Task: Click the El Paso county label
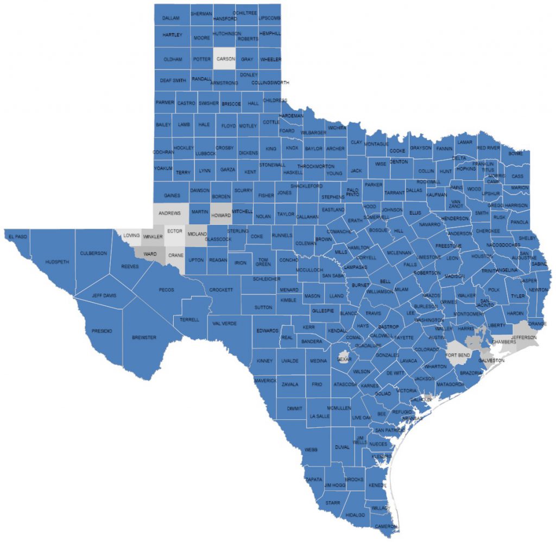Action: (17, 237)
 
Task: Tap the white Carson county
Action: (225, 59)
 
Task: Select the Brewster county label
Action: (144, 338)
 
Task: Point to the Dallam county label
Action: (172, 18)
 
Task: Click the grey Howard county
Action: (221, 215)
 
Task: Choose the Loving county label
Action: (131, 236)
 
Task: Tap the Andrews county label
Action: (169, 213)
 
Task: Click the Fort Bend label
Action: (457, 355)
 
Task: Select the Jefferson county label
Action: (523, 337)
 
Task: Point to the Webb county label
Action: (311, 450)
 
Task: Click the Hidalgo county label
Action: (355, 514)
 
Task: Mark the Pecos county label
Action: (166, 290)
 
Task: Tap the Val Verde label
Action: (225, 324)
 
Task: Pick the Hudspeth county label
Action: (58, 262)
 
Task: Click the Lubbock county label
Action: (206, 154)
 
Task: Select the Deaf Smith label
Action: (172, 80)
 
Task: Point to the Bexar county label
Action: (344, 359)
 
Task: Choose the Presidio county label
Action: (102, 331)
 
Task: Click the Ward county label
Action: (150, 254)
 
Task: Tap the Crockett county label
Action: (221, 290)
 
